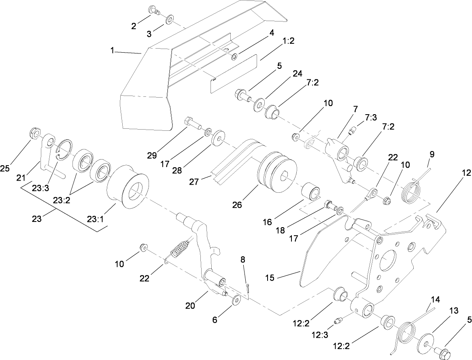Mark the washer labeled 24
[258, 107]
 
